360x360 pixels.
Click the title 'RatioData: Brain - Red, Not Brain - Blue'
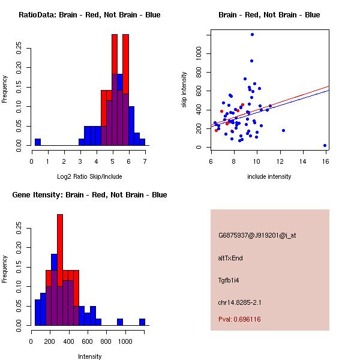(89, 15)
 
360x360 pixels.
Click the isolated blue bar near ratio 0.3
(37, 142)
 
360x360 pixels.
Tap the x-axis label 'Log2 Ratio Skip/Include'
(89, 176)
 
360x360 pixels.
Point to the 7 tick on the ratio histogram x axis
(145, 161)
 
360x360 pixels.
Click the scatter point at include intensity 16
(325, 145)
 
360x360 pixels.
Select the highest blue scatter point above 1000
(253, 34)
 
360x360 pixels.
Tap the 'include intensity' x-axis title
(269, 176)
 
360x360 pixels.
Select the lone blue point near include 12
(283, 130)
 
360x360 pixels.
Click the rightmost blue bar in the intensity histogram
(142, 322)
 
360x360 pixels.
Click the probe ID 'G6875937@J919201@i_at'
(257, 235)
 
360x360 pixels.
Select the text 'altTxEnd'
(230, 258)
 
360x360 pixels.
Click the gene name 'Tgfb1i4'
(229, 280)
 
